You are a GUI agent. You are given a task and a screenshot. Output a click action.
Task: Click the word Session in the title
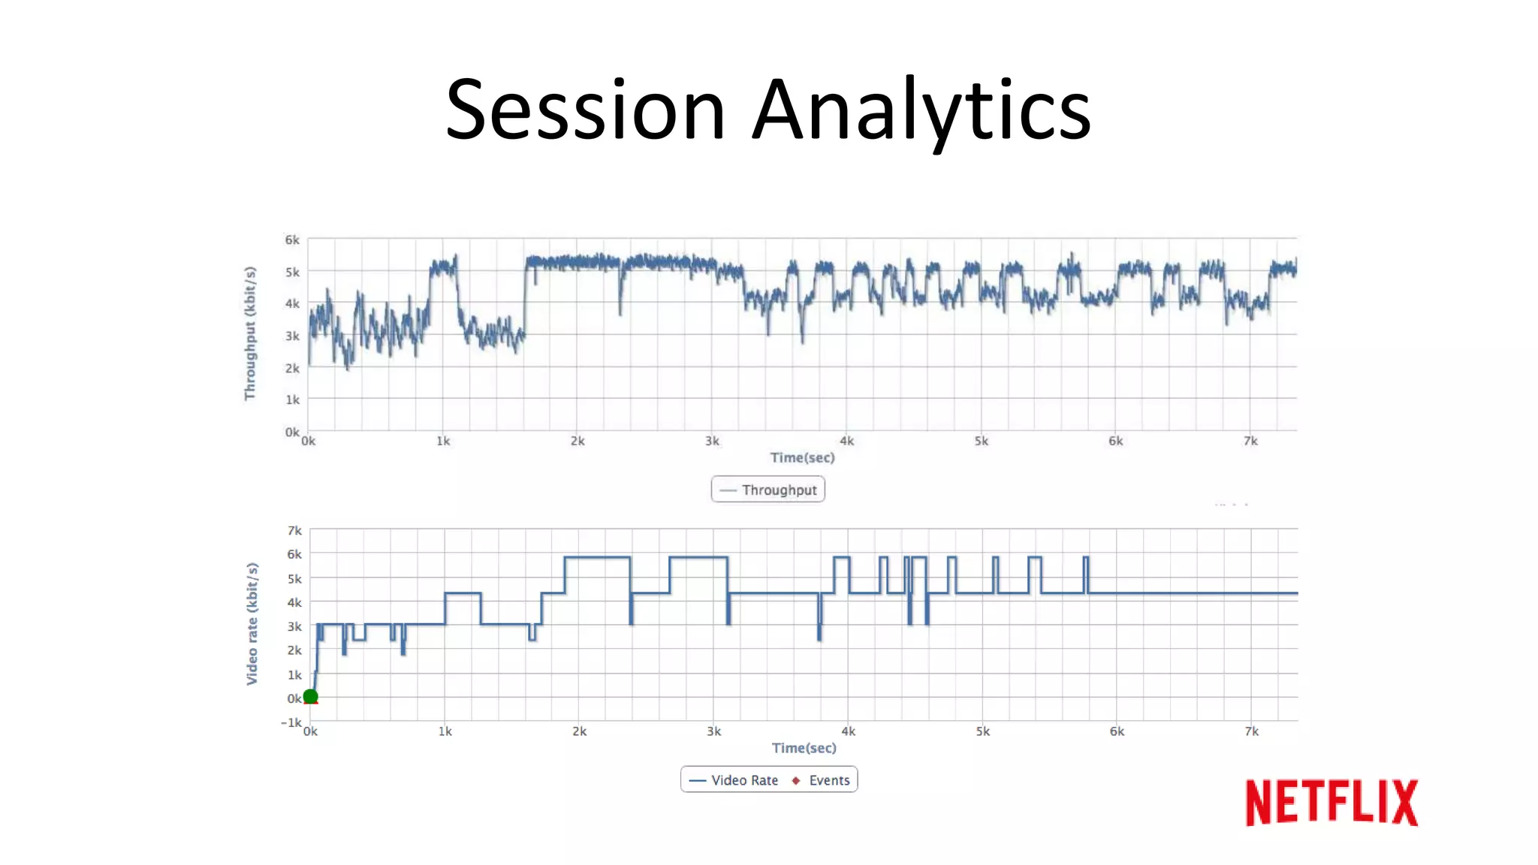pos(585,110)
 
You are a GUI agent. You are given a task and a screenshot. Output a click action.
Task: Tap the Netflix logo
pos(1331,803)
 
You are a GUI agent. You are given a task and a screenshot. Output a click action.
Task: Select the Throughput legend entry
pos(768,490)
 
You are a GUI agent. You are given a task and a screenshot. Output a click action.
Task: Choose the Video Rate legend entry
pos(734,780)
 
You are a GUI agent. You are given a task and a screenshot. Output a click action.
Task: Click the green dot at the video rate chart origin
pos(310,697)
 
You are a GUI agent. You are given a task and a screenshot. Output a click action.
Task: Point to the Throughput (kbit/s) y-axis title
pos(250,333)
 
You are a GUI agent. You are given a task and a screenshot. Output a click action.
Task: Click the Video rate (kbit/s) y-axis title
pos(252,624)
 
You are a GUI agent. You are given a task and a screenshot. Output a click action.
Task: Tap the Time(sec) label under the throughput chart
pos(802,457)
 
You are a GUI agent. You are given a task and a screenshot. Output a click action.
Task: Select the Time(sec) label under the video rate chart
pos(804,748)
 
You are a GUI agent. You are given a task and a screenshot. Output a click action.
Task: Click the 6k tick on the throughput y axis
pos(291,240)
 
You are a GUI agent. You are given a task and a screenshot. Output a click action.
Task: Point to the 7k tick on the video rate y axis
pos(294,531)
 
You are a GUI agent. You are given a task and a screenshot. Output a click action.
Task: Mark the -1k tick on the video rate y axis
pos(291,722)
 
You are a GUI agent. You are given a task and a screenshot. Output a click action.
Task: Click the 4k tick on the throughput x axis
pos(846,441)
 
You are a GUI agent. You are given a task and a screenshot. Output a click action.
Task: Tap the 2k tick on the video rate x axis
pos(579,731)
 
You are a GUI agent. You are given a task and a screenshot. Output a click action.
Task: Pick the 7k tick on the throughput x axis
pos(1250,441)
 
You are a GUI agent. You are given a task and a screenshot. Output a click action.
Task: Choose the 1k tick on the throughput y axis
pos(292,399)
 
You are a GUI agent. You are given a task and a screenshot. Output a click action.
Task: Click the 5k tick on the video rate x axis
pos(982,731)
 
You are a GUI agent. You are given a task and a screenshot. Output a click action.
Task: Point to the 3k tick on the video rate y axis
pos(294,626)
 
